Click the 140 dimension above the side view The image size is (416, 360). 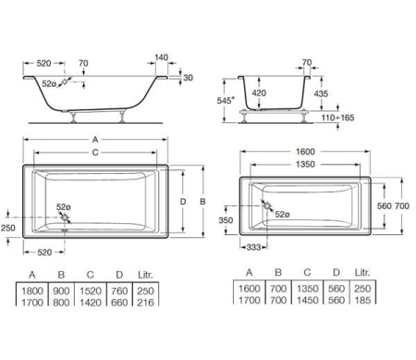point(161,57)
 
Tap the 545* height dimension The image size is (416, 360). point(226,100)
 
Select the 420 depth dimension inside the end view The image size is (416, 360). point(259,93)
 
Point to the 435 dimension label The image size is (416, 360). point(321,93)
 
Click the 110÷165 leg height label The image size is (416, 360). point(337,118)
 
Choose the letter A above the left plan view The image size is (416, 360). point(95,140)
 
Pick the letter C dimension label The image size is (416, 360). point(95,153)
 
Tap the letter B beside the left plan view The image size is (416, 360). point(202,202)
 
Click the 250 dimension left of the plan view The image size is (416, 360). point(7,228)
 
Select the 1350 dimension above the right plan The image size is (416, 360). point(305,164)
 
